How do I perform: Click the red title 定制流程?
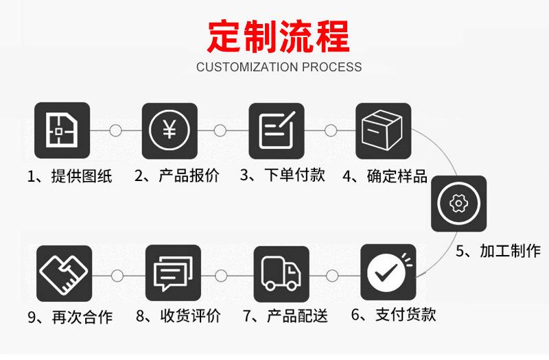click(x=279, y=36)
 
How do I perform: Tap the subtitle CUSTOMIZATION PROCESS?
click(x=279, y=67)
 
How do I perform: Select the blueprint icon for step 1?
click(x=62, y=130)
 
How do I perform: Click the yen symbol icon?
click(x=170, y=130)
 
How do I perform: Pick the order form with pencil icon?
click(x=277, y=130)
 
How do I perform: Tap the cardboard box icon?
click(x=384, y=130)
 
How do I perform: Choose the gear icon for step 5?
click(x=458, y=204)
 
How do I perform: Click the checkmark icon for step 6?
click(x=388, y=272)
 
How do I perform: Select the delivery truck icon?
click(x=281, y=274)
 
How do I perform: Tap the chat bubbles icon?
click(x=174, y=273)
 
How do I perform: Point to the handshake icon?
click(x=64, y=273)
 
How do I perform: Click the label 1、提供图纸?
click(x=70, y=176)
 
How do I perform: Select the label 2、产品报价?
click(x=177, y=176)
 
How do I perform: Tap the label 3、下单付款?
click(x=283, y=175)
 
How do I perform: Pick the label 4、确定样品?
click(x=385, y=176)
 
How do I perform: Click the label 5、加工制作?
click(x=498, y=251)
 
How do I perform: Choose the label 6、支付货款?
click(x=393, y=315)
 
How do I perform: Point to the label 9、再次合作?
click(x=71, y=317)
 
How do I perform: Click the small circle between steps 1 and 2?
click(x=115, y=130)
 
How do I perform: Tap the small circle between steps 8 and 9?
click(x=117, y=276)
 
